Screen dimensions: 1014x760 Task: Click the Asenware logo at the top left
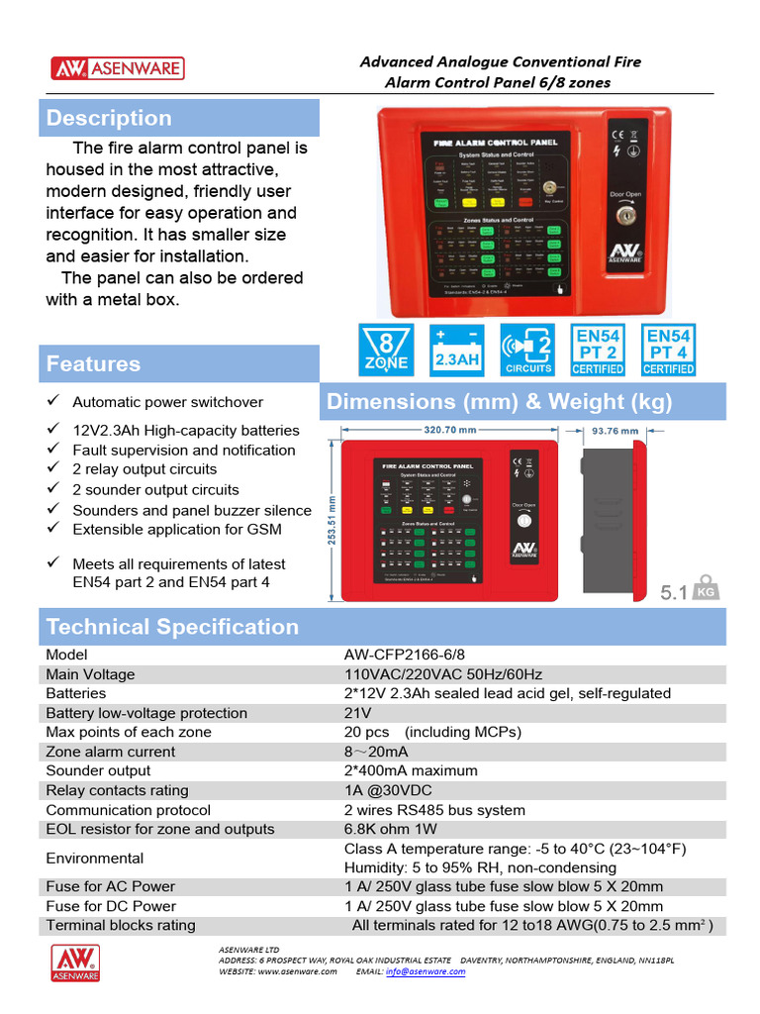point(117,68)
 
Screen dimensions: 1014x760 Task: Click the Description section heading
point(109,118)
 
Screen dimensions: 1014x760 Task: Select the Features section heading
point(93,363)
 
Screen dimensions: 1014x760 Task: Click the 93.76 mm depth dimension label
point(615,431)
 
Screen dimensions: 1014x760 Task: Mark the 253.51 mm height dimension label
point(332,520)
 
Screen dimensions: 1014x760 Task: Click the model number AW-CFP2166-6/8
point(404,655)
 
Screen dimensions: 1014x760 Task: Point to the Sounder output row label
point(98,770)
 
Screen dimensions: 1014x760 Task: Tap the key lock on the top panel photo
point(625,215)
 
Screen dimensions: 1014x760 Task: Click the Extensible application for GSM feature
point(177,529)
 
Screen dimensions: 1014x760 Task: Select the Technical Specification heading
point(172,627)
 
